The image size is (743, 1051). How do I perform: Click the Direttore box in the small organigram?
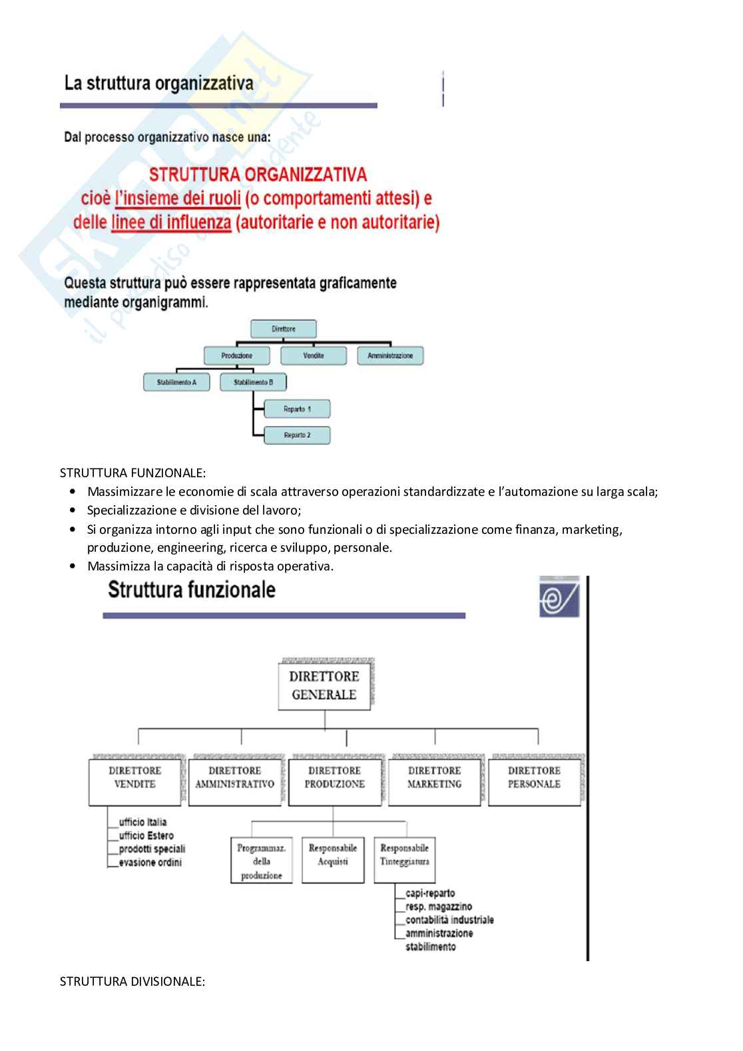click(283, 329)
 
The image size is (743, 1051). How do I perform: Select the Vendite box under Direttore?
click(313, 355)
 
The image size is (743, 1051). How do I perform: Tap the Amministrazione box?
click(390, 355)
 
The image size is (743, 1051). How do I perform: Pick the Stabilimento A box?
click(176, 382)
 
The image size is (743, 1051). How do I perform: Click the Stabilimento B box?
click(253, 382)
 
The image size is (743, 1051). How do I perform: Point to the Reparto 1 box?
click(297, 409)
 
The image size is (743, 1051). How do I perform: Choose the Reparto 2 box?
click(297, 435)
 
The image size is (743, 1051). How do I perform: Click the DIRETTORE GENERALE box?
click(324, 686)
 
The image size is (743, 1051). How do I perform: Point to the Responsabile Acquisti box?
click(333, 859)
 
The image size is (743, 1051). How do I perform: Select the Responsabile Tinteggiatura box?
click(404, 859)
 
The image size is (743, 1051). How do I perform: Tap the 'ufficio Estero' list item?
click(146, 835)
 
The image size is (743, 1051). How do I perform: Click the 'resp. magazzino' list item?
click(439, 907)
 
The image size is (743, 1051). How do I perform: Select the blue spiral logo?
click(559, 597)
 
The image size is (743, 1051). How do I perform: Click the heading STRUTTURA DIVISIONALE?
click(132, 981)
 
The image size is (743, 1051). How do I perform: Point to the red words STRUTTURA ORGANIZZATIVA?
click(258, 174)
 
